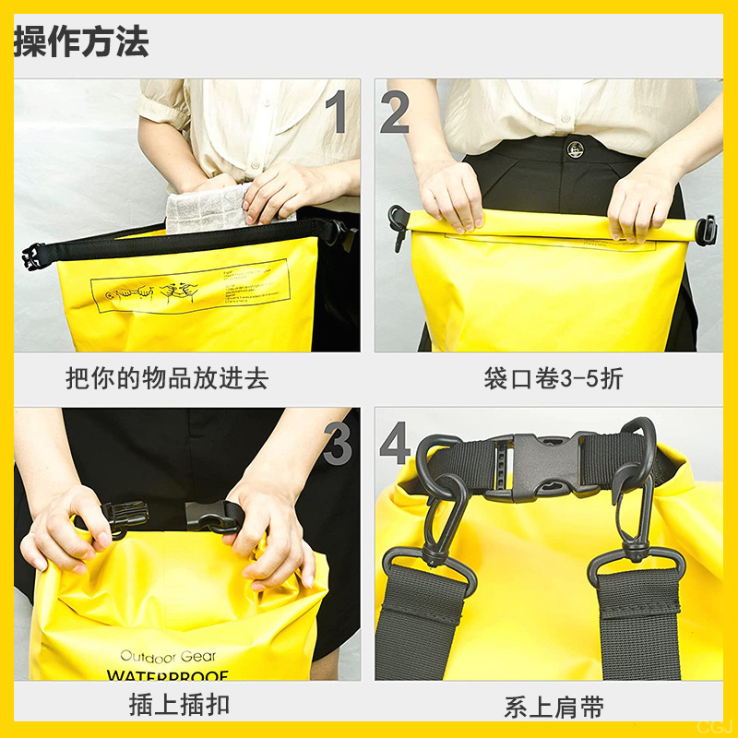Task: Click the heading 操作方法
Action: coord(81,42)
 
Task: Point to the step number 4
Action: coord(395,445)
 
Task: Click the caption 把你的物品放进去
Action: coord(167,378)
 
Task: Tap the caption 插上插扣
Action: coord(179,706)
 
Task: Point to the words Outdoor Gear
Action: coord(167,656)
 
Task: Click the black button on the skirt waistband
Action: coord(576,148)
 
